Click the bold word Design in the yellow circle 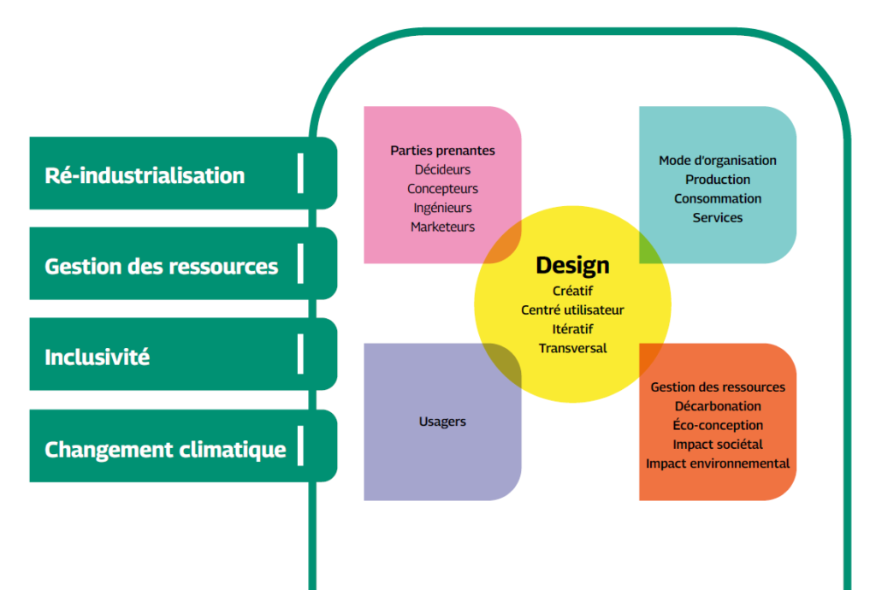pyautogui.click(x=572, y=266)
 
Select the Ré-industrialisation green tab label pyautogui.click(x=145, y=175)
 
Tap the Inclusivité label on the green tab pyautogui.click(x=97, y=357)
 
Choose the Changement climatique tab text pyautogui.click(x=165, y=449)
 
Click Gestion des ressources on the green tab pyautogui.click(x=161, y=266)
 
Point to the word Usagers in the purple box pyautogui.click(x=442, y=422)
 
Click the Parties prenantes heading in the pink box pyautogui.click(x=442, y=150)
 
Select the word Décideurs pyautogui.click(x=442, y=169)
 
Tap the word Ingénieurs pyautogui.click(x=442, y=208)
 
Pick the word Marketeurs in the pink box pyautogui.click(x=442, y=227)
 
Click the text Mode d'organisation pyautogui.click(x=718, y=160)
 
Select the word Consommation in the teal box pyautogui.click(x=718, y=198)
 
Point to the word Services pyautogui.click(x=718, y=217)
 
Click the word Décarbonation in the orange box pyautogui.click(x=718, y=406)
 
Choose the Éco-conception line pyautogui.click(x=718, y=425)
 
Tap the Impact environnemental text pyautogui.click(x=718, y=463)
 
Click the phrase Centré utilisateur pyautogui.click(x=572, y=310)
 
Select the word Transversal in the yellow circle pyautogui.click(x=572, y=348)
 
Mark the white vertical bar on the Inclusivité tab pyautogui.click(x=300, y=354)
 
